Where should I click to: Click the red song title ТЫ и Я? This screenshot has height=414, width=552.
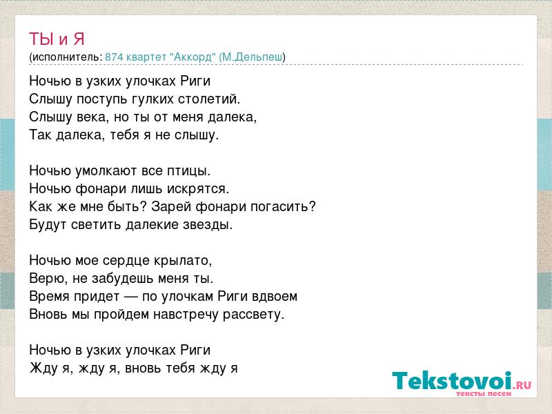[57, 39]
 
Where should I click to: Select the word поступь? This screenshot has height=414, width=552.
[102, 99]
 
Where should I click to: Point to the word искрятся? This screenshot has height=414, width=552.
[198, 189]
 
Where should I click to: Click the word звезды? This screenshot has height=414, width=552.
[208, 225]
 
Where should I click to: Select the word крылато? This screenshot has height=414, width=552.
[183, 261]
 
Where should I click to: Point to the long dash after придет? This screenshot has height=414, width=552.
[130, 297]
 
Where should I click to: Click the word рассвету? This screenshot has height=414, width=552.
[253, 315]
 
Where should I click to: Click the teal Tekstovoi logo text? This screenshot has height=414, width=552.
[452, 380]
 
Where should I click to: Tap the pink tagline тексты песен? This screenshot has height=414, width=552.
[484, 393]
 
